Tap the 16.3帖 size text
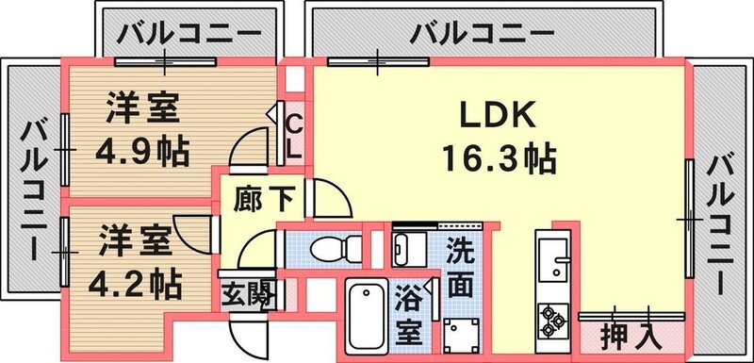pos(497,156)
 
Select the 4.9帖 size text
pos(142,148)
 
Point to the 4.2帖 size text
pos(138,281)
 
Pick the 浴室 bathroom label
pos(409,316)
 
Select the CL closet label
pos(293,135)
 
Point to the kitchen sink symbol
pos(551,253)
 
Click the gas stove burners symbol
pos(551,322)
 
